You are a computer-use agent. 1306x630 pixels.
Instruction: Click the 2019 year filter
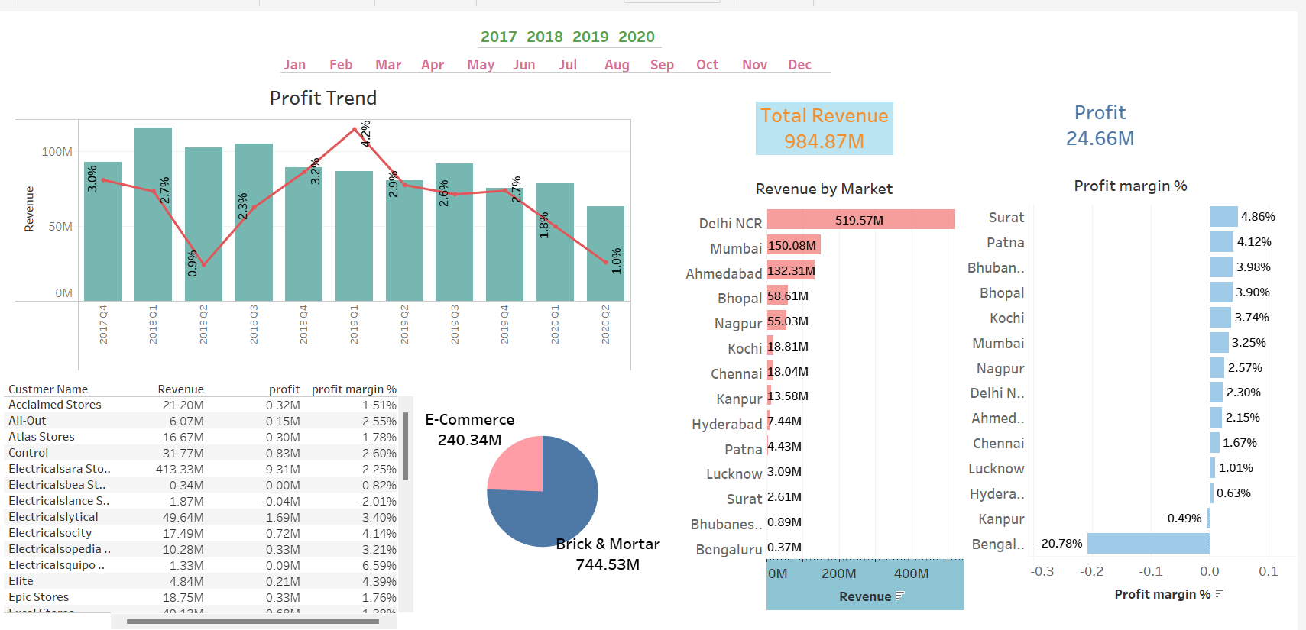pyautogui.click(x=590, y=37)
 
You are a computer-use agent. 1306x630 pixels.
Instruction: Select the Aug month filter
pyautogui.click(x=617, y=65)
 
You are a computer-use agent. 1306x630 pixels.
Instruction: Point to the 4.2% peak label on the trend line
pyautogui.click(x=365, y=134)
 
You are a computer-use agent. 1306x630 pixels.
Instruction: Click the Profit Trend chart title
pyautogui.click(x=323, y=98)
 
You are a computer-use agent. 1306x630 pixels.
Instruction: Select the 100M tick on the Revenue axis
pyautogui.click(x=57, y=152)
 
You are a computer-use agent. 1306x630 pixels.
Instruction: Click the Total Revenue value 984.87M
pyautogui.click(x=824, y=141)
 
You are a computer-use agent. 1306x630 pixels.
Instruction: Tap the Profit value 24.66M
pyautogui.click(x=1100, y=138)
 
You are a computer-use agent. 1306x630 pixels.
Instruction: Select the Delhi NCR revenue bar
pyautogui.click(x=860, y=220)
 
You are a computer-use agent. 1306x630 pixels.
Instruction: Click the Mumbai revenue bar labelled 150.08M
pyautogui.click(x=793, y=245)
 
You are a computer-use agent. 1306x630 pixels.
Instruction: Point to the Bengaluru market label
pyautogui.click(x=728, y=550)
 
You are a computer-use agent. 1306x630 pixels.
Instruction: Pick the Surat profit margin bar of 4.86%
pyautogui.click(x=1223, y=217)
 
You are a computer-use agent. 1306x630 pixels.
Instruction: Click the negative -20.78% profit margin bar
pyautogui.click(x=1148, y=544)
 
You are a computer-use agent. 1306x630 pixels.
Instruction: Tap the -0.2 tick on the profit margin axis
pyautogui.click(x=1091, y=571)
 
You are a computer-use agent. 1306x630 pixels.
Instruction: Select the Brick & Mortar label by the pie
pyautogui.click(x=608, y=544)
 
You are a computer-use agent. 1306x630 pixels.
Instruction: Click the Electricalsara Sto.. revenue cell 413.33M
pyautogui.click(x=180, y=469)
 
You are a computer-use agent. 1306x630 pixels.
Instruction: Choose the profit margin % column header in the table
pyautogui.click(x=354, y=389)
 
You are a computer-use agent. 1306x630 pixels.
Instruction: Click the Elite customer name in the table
pyautogui.click(x=21, y=581)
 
